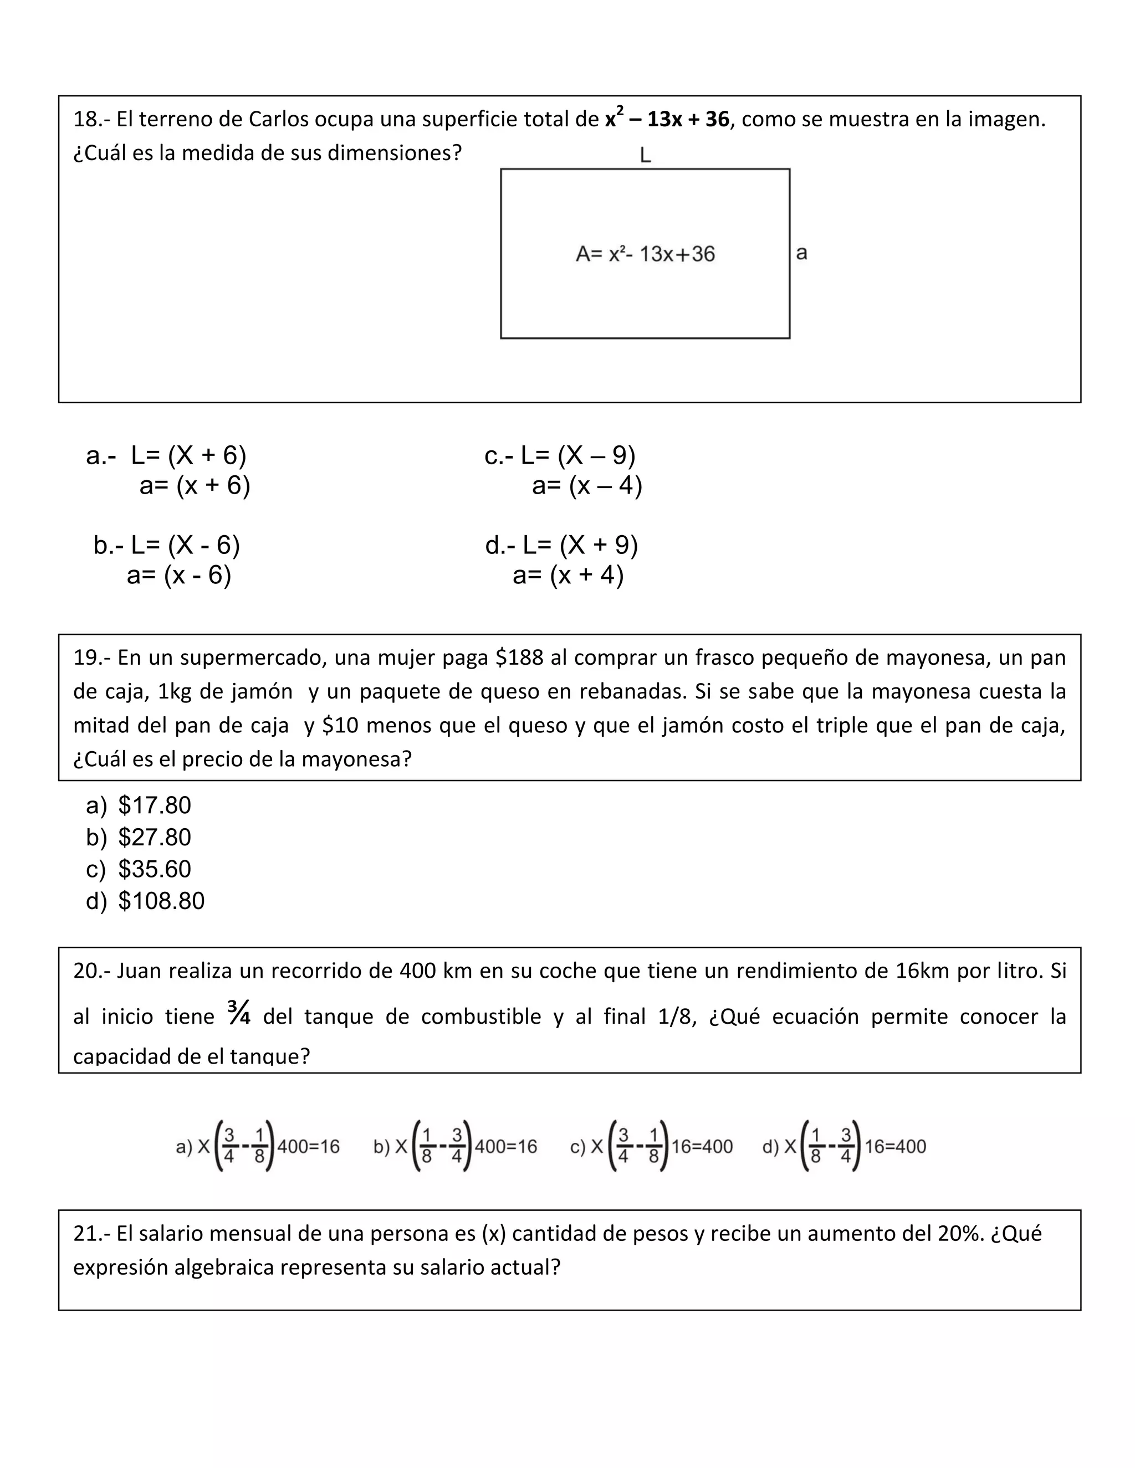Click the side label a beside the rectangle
point(801,253)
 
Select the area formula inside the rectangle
point(645,254)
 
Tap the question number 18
point(85,120)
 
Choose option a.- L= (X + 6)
point(167,456)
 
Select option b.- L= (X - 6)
point(167,545)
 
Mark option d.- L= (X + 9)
point(561,545)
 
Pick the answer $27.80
point(154,838)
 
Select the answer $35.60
point(154,869)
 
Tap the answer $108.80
point(161,901)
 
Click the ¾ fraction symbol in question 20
point(239,1013)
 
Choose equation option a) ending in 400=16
point(258,1146)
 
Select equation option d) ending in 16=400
point(844,1146)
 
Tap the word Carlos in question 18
point(278,120)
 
